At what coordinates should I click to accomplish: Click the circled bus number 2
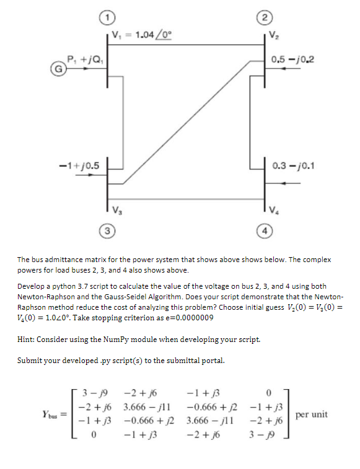coord(267,14)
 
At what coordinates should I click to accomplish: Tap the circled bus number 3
coord(108,230)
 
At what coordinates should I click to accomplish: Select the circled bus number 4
coord(267,230)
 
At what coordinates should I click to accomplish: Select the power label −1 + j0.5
coord(78,164)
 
